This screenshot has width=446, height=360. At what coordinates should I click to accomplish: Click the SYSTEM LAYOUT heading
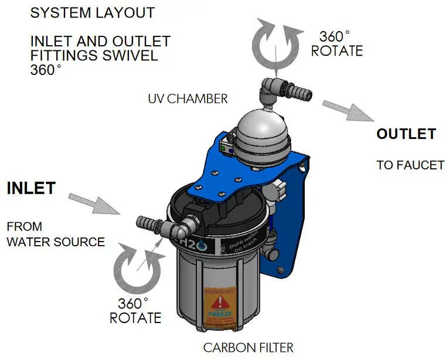(92, 12)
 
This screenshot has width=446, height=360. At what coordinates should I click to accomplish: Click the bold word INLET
(31, 188)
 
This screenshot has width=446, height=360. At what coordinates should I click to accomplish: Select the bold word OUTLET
(406, 134)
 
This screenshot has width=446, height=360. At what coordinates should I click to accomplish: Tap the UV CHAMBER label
(188, 99)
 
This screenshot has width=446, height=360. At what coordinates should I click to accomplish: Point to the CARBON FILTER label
(248, 348)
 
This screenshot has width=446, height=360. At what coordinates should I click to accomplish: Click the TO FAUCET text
(410, 165)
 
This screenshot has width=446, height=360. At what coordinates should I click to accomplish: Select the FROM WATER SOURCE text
(55, 233)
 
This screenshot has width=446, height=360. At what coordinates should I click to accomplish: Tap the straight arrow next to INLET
(96, 203)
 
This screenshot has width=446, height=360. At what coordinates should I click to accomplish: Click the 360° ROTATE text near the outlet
(336, 43)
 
